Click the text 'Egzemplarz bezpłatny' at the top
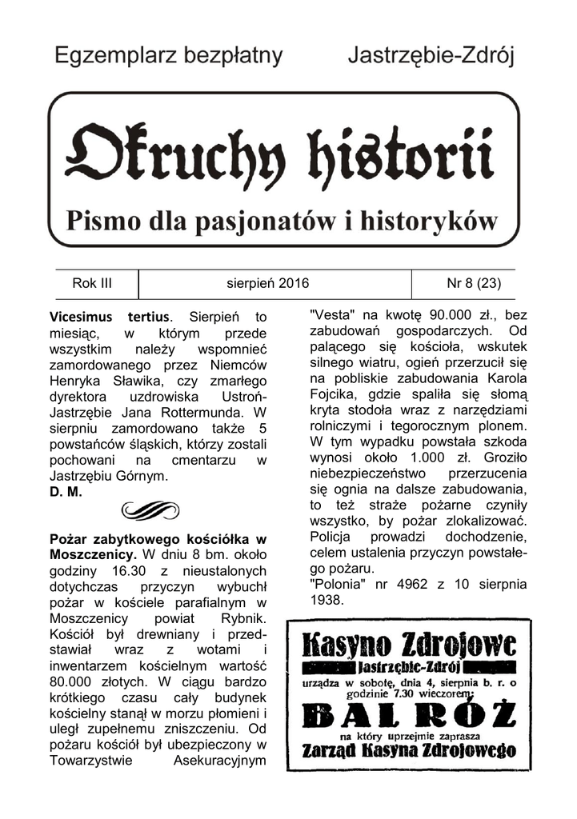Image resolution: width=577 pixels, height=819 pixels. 168,56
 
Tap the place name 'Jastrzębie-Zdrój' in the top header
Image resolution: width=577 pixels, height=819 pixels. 431,56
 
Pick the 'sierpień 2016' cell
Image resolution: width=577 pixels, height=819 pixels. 268,283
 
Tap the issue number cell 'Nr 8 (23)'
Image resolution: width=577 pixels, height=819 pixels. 471,283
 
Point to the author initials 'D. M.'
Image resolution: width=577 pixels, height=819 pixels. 66,493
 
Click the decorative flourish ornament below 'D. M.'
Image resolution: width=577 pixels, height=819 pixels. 150,509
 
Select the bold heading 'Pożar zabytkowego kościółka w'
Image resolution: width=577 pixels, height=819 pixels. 158,537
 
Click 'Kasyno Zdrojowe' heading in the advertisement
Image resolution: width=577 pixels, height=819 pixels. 408,645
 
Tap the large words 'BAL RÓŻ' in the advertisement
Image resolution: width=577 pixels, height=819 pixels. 408,714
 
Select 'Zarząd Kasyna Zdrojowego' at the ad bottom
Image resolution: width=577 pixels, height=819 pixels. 408,751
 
